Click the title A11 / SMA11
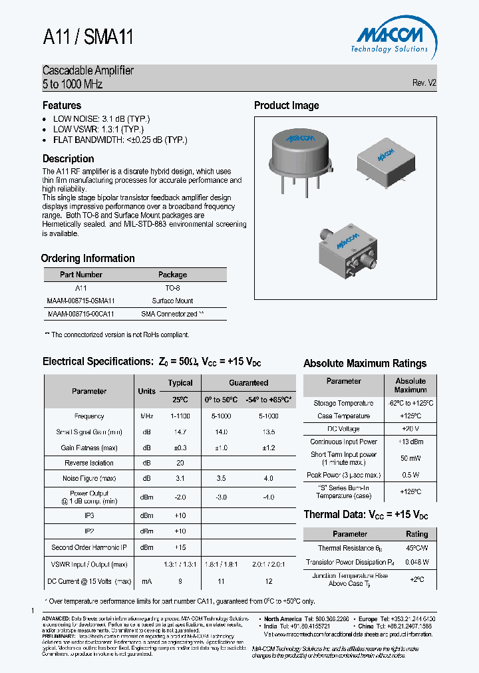click(x=88, y=38)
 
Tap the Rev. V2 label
click(x=424, y=83)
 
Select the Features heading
click(x=62, y=106)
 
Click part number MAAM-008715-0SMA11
click(x=80, y=301)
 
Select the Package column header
click(x=172, y=275)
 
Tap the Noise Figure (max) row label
click(x=89, y=478)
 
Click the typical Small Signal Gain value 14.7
click(x=180, y=432)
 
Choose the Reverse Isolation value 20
click(x=180, y=463)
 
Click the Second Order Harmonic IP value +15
click(x=180, y=547)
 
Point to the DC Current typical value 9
click(x=180, y=581)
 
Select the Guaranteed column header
click(x=248, y=382)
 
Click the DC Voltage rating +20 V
click(x=410, y=428)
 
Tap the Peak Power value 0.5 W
click(x=410, y=475)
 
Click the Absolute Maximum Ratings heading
click(x=365, y=364)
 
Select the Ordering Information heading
click(x=88, y=259)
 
